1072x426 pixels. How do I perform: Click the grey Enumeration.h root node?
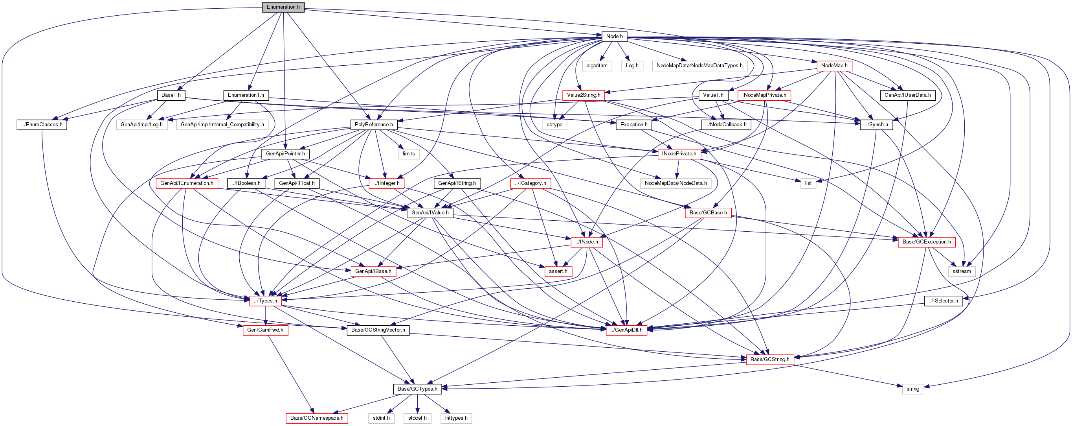(x=283, y=7)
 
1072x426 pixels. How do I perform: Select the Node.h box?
(x=614, y=37)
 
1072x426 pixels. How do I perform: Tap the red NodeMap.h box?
(x=834, y=66)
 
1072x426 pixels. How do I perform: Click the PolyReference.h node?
(x=373, y=125)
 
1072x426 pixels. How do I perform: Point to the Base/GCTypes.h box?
(x=417, y=389)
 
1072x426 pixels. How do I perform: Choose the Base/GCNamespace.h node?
(x=317, y=418)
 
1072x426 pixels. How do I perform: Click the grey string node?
(x=912, y=389)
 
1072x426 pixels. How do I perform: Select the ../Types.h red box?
(x=265, y=301)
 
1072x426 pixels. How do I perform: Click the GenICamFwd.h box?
(x=265, y=330)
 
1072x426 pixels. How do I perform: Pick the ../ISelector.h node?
(x=943, y=301)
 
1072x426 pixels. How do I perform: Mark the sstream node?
(x=961, y=271)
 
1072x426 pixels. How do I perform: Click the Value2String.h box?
(x=584, y=95)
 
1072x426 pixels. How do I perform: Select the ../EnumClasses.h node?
(x=42, y=125)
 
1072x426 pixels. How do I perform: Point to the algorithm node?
(x=597, y=66)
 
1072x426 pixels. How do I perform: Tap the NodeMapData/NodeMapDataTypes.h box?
(x=699, y=66)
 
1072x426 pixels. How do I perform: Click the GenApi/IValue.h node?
(x=430, y=213)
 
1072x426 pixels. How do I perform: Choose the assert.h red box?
(x=558, y=271)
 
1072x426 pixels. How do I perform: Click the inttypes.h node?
(x=456, y=418)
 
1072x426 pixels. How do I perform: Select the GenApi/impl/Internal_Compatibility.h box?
(x=222, y=125)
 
